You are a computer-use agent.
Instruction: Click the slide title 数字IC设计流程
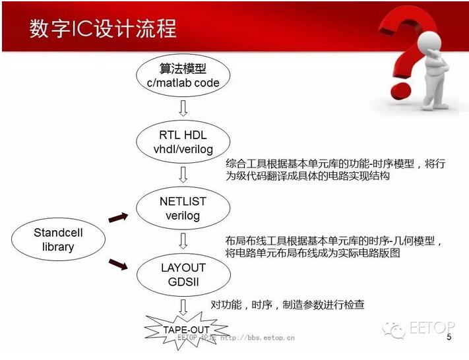(103, 29)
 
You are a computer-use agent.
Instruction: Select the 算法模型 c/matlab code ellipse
(183, 75)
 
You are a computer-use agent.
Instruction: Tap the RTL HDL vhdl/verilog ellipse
(183, 141)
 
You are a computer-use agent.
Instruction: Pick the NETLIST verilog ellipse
(183, 208)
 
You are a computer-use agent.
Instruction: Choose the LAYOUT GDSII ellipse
(183, 274)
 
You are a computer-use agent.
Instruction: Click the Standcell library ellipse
(58, 239)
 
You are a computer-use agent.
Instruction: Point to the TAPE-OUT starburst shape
(186, 330)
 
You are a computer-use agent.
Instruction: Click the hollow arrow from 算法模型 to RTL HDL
(183, 108)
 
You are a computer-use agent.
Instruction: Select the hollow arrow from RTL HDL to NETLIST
(183, 175)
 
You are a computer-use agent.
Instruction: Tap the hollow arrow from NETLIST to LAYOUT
(183, 241)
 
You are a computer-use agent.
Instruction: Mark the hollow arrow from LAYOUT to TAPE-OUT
(183, 307)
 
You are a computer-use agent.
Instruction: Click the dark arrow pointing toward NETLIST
(118, 218)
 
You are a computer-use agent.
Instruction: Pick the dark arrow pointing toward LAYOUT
(118, 264)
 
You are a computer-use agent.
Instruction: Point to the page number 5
(449, 337)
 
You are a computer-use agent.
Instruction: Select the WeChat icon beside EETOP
(393, 330)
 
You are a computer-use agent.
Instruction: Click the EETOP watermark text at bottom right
(432, 328)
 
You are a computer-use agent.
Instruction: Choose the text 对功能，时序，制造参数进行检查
(288, 305)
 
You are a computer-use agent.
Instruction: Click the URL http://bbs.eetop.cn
(257, 338)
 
